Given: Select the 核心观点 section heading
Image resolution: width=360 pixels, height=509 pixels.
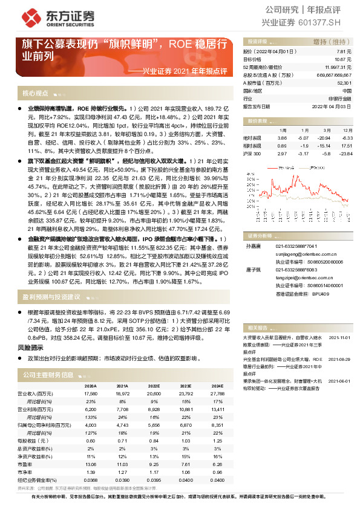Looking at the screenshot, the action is click(x=35, y=93).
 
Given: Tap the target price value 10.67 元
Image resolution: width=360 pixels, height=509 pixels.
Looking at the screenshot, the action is click(x=343, y=59).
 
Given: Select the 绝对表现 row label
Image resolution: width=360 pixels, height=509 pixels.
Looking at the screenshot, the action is click(x=253, y=138).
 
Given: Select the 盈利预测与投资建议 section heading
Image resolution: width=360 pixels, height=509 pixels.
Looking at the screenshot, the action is click(x=51, y=297).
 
